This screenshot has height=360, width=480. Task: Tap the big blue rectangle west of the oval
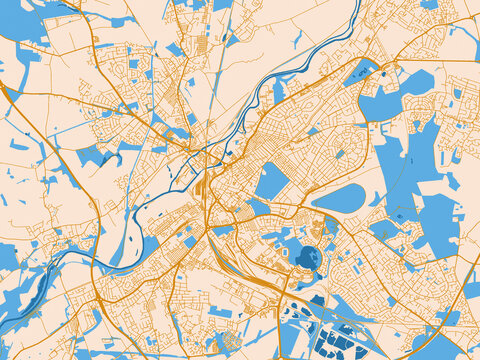pos(271,181)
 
